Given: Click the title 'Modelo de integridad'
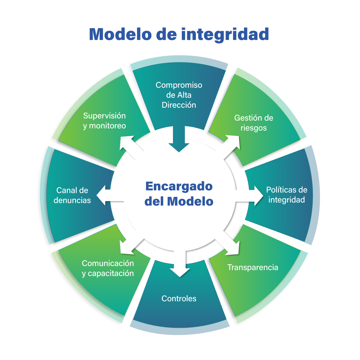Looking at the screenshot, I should pos(179,34).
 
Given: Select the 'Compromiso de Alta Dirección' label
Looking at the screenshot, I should pos(179,95).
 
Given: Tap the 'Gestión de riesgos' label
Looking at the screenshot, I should pos(253,123).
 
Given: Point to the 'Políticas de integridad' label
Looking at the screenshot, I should pos(286,195).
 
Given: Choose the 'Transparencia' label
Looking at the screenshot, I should pos(253,267).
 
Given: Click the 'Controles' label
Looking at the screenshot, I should pos(179,298).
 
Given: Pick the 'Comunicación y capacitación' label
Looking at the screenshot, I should pos(108,268).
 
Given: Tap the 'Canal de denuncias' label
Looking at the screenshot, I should pos(72,195).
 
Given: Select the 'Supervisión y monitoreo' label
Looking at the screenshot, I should pos(104,121).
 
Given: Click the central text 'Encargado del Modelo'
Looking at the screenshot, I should pos(179,194).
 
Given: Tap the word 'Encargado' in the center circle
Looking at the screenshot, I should pos(179,186).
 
